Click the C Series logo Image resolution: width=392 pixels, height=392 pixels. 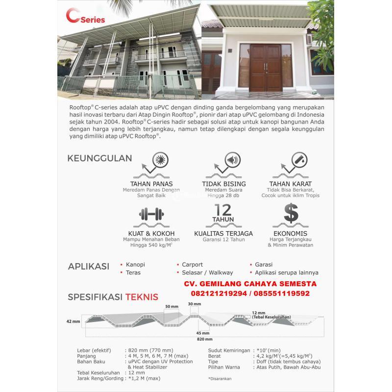pyautogui.click(x=85, y=19)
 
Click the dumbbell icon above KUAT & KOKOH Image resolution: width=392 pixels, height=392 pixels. pyautogui.click(x=149, y=214)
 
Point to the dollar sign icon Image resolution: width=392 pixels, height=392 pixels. pyautogui.click(x=291, y=213)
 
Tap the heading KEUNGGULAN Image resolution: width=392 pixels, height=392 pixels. pyautogui.click(x=100, y=158)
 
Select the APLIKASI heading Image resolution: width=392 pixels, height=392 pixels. pyautogui.click(x=88, y=267)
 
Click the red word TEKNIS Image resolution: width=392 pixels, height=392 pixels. pyautogui.click(x=142, y=297)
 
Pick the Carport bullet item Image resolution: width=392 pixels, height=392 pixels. pyautogui.click(x=192, y=265)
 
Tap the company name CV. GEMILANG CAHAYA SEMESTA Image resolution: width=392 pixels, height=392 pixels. pyautogui.click(x=250, y=284)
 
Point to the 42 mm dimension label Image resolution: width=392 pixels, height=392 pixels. pyautogui.click(x=73, y=321)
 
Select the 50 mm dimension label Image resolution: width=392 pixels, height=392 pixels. pyautogui.click(x=171, y=306)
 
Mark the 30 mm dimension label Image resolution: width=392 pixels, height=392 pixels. pyautogui.click(x=195, y=304)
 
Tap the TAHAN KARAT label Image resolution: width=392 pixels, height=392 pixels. pyautogui.click(x=291, y=184)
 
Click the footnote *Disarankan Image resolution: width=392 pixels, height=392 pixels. pyautogui.click(x=220, y=378)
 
